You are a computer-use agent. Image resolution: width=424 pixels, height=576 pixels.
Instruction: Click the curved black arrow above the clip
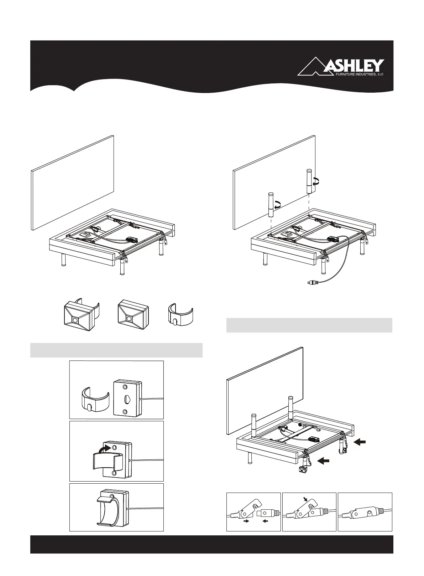coord(106,446)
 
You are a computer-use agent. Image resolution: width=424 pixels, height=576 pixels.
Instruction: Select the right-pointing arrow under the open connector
coord(245,521)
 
